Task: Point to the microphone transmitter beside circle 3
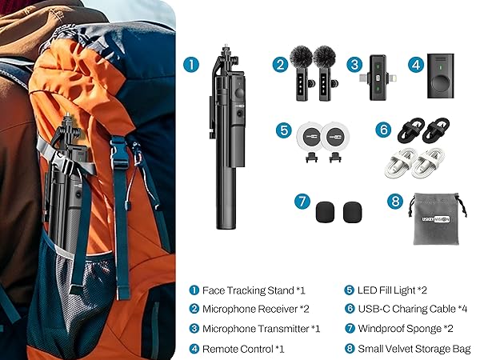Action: (x=376, y=77)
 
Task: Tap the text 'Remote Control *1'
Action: (x=243, y=348)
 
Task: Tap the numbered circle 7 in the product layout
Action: (x=302, y=202)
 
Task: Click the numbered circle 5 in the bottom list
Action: (x=349, y=290)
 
